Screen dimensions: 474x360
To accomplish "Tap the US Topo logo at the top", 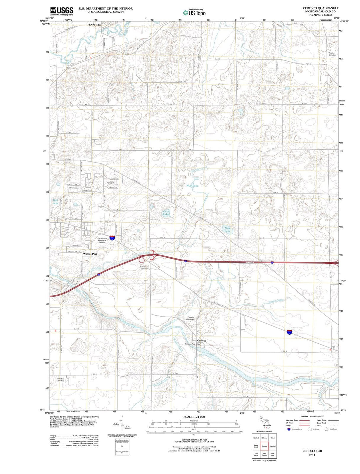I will (194, 13).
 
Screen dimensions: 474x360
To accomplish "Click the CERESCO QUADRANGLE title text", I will (320, 8).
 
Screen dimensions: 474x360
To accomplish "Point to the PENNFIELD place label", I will (94, 25).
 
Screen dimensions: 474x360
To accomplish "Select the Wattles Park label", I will (90, 254).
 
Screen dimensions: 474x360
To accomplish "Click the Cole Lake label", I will (166, 213).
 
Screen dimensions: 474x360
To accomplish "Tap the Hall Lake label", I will (55, 201).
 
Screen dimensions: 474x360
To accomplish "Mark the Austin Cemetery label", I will (332, 54).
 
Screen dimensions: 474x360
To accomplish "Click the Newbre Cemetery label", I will (60, 380).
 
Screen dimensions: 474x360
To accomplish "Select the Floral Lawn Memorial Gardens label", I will (102, 240).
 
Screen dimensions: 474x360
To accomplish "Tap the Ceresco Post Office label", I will (193, 344).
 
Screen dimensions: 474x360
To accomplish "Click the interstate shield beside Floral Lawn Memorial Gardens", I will (113, 238).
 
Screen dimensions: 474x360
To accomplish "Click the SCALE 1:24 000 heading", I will (194, 417).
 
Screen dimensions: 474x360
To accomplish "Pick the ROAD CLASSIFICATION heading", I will (312, 416).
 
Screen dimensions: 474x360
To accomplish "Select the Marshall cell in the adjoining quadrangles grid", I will (273, 446).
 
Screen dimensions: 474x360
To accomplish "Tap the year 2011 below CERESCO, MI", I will (312, 455).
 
